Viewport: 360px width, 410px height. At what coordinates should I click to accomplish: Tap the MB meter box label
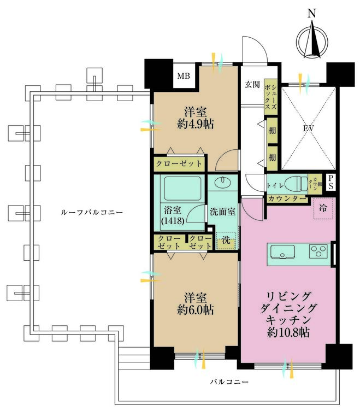(x=183, y=76)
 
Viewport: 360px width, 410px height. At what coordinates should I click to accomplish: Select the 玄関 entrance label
(x=252, y=84)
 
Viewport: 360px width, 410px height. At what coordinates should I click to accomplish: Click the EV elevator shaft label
(x=309, y=130)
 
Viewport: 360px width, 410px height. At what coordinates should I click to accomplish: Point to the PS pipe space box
(x=331, y=183)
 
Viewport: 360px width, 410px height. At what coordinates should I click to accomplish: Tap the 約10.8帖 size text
(x=287, y=332)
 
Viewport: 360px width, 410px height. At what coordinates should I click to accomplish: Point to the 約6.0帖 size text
(x=195, y=310)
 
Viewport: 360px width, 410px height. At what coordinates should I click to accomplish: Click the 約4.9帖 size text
(x=195, y=124)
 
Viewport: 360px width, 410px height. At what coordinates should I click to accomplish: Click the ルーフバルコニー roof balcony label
(x=92, y=212)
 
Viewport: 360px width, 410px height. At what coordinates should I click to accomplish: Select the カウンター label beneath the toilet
(x=286, y=198)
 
